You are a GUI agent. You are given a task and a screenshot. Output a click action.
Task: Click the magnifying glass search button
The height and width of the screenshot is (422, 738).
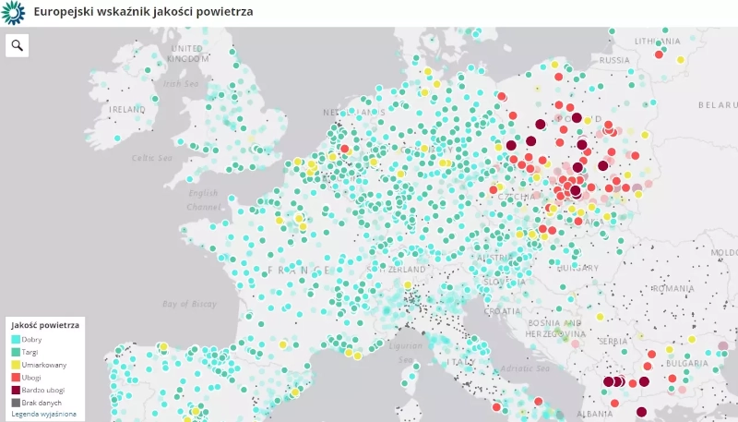(18, 45)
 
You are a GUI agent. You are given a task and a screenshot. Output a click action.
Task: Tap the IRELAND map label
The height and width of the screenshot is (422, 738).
(127, 109)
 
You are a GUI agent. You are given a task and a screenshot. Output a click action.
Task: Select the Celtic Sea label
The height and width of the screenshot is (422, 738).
(152, 158)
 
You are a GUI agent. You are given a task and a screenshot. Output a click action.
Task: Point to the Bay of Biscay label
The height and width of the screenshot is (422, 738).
(189, 304)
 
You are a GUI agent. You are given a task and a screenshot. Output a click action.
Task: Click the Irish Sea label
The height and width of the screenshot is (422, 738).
(181, 83)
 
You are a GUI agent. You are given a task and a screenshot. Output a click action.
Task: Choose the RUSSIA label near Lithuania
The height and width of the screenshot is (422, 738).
(614, 60)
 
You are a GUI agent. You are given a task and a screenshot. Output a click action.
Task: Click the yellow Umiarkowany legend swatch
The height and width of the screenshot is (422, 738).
(16, 365)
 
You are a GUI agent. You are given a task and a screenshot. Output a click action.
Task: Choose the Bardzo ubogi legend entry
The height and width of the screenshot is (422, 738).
(42, 390)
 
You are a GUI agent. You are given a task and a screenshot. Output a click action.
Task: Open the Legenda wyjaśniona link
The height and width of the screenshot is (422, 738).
(43, 414)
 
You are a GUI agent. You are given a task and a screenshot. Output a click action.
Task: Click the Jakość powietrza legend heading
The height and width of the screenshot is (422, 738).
(45, 325)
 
